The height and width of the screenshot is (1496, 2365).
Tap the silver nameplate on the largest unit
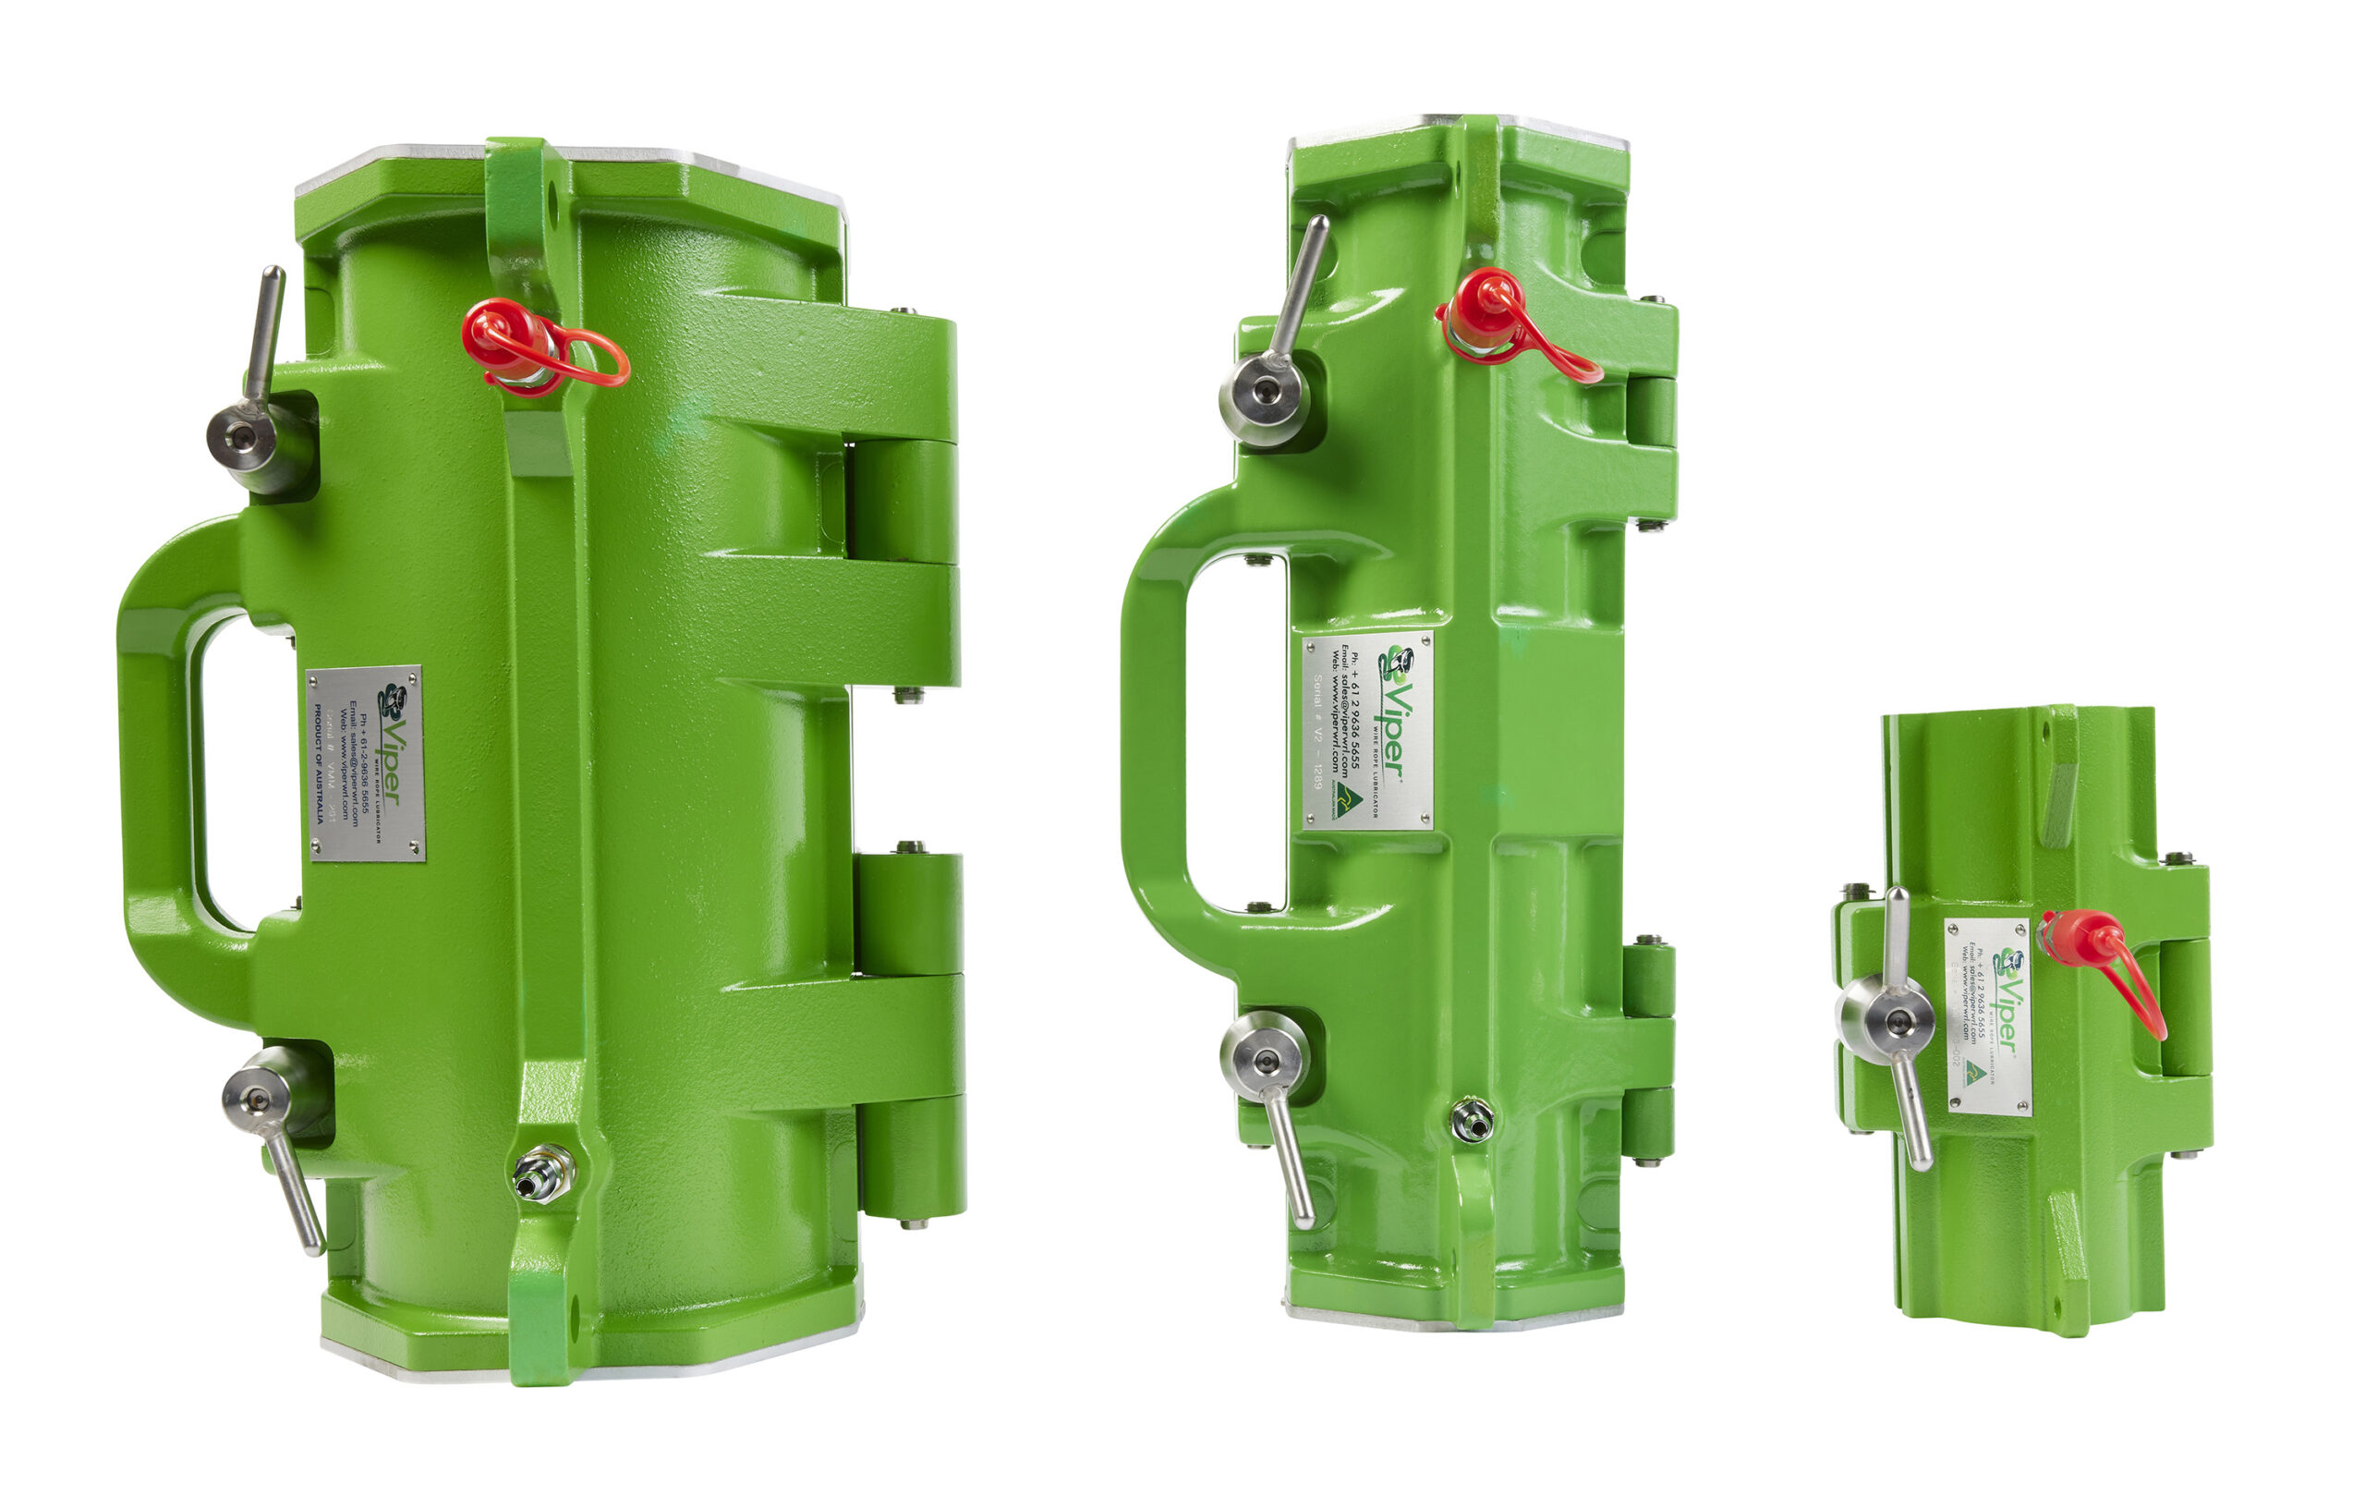click(x=365, y=763)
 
